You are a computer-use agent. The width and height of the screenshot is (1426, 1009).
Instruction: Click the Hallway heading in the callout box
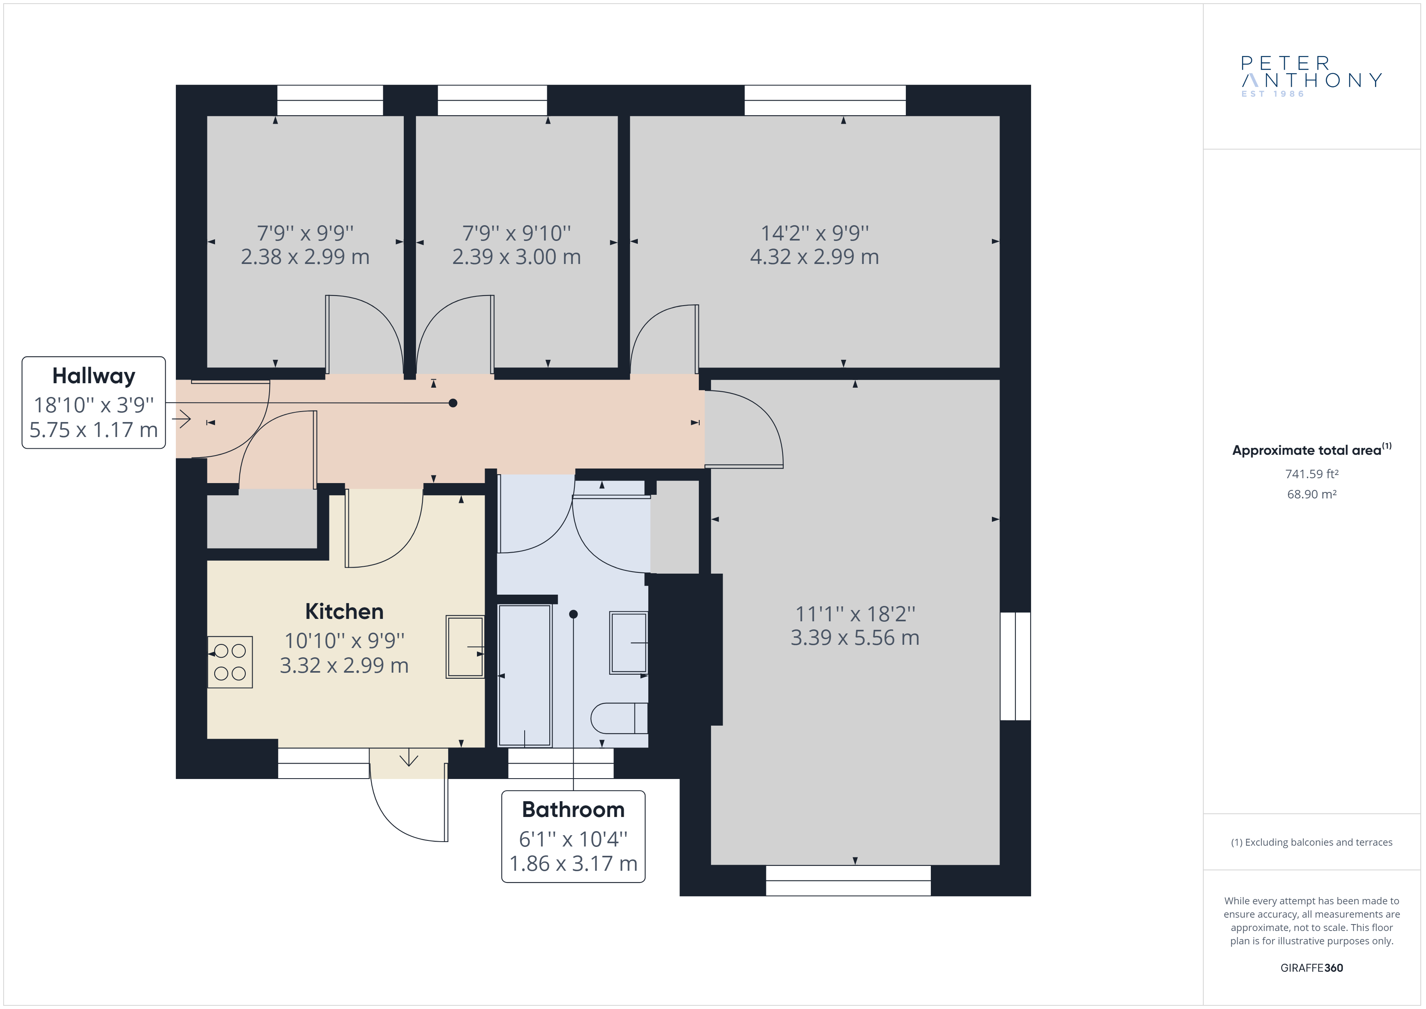tap(94, 376)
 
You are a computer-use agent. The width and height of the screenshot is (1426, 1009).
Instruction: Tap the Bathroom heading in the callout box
tap(573, 810)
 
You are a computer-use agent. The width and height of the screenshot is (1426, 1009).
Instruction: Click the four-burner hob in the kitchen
tap(230, 662)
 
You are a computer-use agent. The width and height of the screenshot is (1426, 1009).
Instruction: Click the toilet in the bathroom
tap(619, 718)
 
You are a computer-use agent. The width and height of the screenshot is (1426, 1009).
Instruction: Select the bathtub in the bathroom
tap(525, 675)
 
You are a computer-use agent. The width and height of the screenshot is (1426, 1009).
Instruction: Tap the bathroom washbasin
tap(629, 642)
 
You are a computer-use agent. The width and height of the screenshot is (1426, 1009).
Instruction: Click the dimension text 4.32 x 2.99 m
tap(814, 257)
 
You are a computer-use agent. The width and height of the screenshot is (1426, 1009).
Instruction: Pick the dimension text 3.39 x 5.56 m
tap(854, 637)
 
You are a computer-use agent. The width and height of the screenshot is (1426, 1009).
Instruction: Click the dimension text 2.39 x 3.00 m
tap(516, 257)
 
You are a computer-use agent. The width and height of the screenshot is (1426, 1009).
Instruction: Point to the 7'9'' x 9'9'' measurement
tap(305, 233)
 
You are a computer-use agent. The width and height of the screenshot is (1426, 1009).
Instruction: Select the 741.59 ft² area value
tap(1312, 474)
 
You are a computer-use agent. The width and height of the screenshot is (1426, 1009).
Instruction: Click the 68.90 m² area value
tap(1312, 494)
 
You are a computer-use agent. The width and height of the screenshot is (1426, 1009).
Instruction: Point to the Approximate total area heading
tap(1312, 450)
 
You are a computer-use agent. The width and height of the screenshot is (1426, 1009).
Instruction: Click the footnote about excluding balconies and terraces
tap(1312, 842)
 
